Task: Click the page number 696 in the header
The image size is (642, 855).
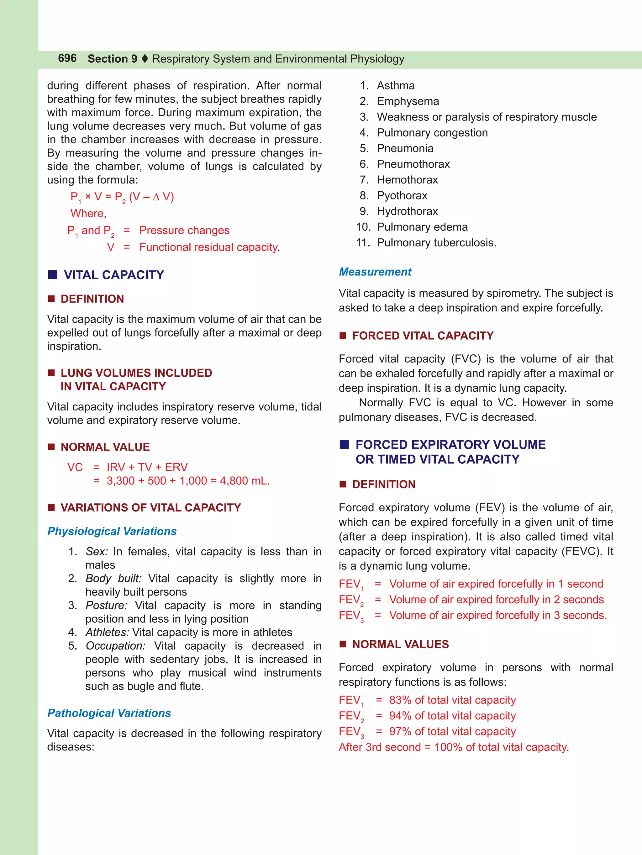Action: (x=67, y=58)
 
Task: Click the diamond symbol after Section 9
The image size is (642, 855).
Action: (x=145, y=59)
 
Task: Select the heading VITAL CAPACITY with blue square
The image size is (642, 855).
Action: (x=114, y=275)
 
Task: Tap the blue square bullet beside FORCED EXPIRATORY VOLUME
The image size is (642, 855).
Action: (x=344, y=445)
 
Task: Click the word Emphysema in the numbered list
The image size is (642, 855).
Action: (x=408, y=101)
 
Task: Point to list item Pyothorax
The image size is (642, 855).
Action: (x=402, y=196)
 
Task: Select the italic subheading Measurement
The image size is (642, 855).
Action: (x=375, y=272)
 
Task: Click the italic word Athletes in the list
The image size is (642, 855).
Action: (x=107, y=632)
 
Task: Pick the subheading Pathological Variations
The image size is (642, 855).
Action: (x=109, y=713)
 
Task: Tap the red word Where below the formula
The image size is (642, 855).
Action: (x=88, y=214)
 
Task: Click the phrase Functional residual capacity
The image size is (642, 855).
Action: (x=208, y=247)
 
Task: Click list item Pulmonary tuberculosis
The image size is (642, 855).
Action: (x=436, y=243)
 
